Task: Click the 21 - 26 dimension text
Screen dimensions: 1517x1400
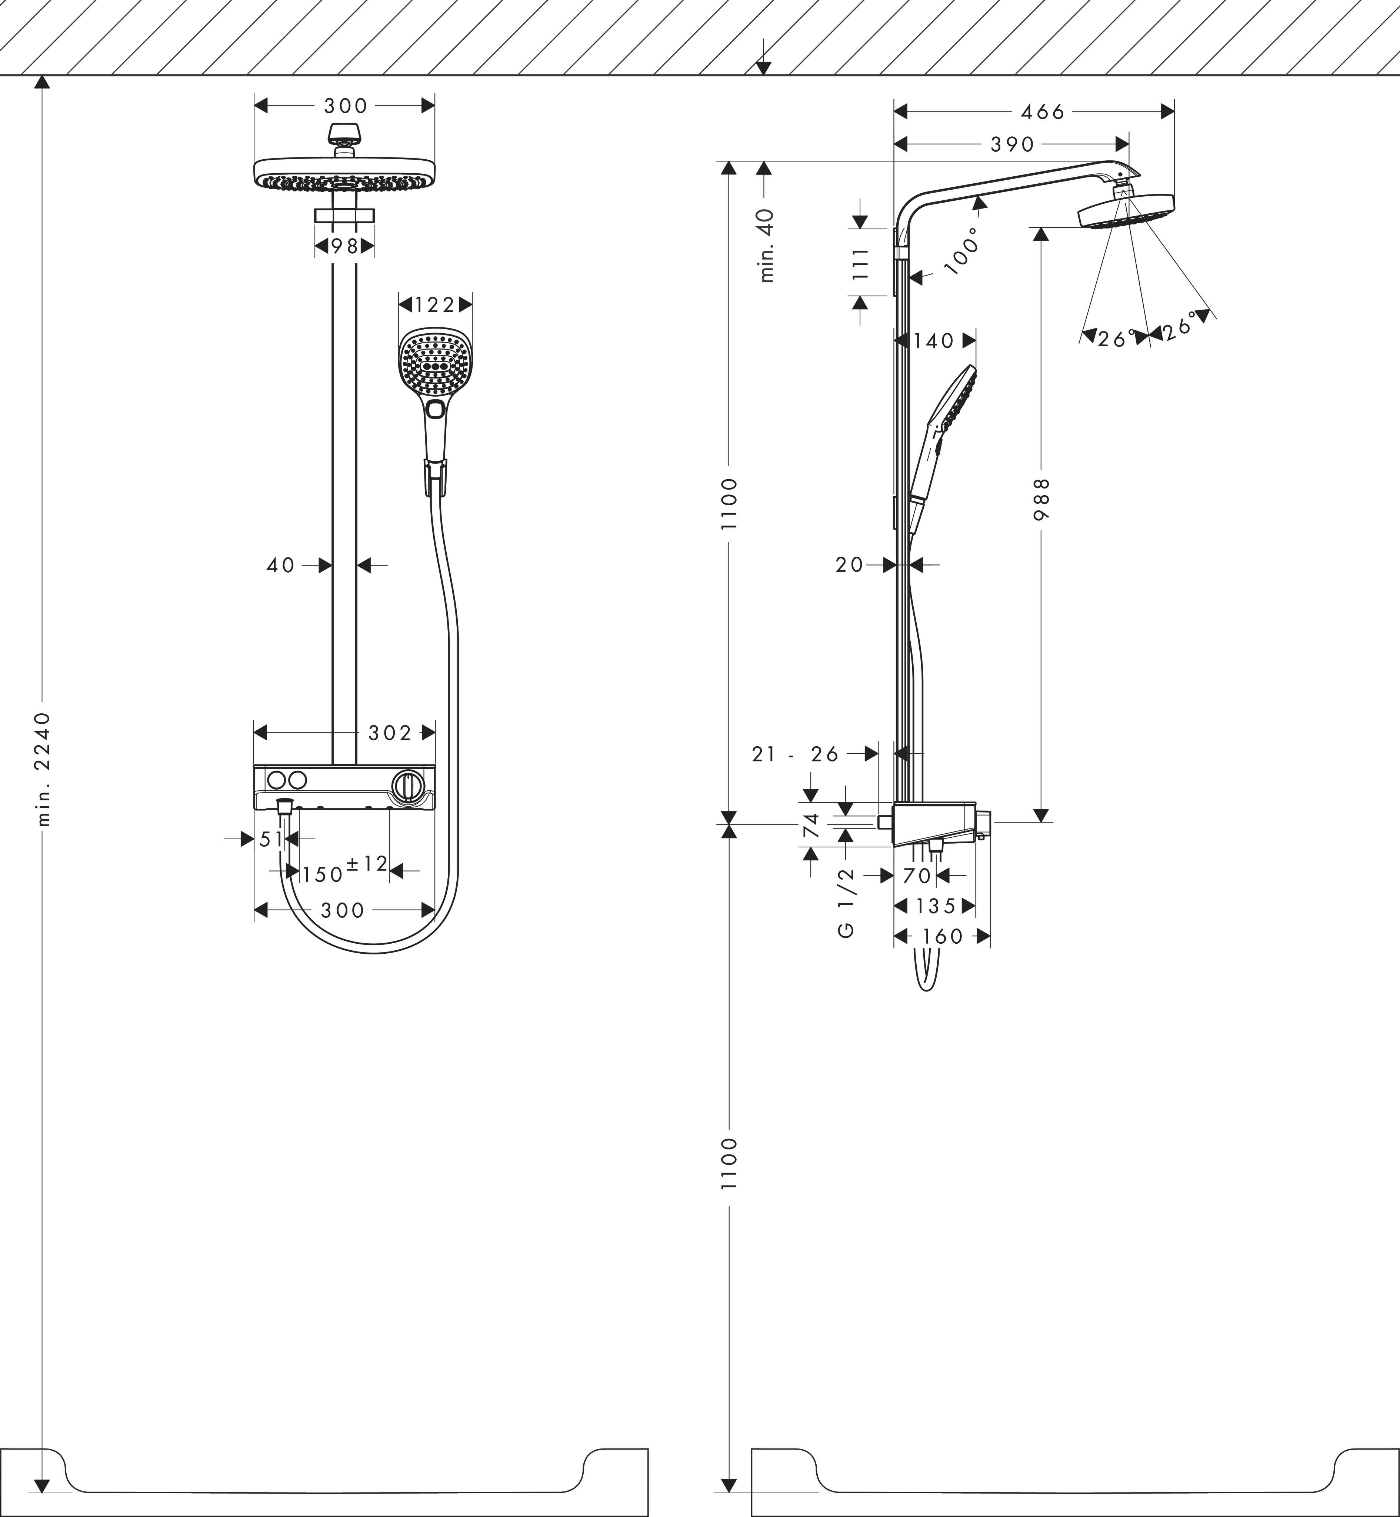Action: [796, 754]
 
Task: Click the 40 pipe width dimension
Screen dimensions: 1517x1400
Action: [280, 565]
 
